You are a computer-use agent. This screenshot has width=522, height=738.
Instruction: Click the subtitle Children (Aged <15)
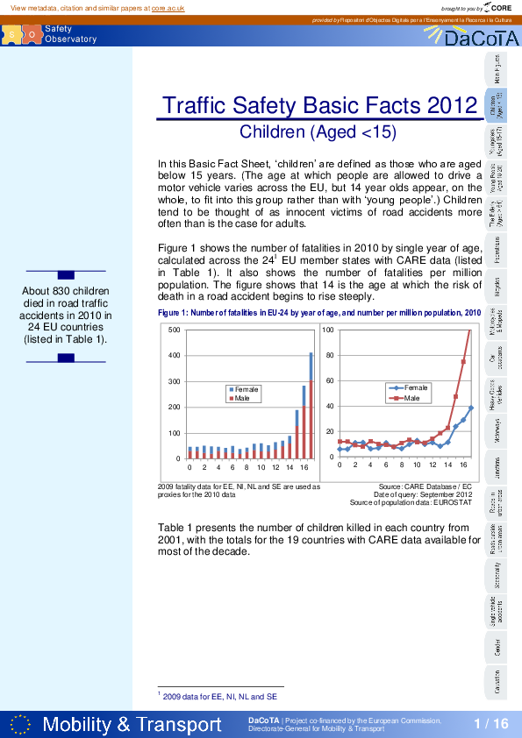click(x=318, y=132)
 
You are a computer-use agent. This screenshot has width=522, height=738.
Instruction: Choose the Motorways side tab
click(x=497, y=431)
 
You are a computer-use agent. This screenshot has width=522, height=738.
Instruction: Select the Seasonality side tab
click(x=497, y=574)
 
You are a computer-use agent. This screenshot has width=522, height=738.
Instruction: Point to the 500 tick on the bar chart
click(x=174, y=330)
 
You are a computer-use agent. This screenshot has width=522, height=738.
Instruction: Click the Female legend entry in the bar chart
click(x=246, y=389)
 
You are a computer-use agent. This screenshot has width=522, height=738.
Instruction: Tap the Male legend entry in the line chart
click(x=411, y=398)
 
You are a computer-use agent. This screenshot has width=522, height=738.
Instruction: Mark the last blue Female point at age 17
click(x=471, y=408)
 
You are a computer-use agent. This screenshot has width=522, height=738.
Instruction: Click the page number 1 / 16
click(x=490, y=723)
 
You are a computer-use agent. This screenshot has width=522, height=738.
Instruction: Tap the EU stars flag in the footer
click(x=21, y=724)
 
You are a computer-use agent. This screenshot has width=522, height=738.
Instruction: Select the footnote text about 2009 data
click(x=219, y=697)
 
